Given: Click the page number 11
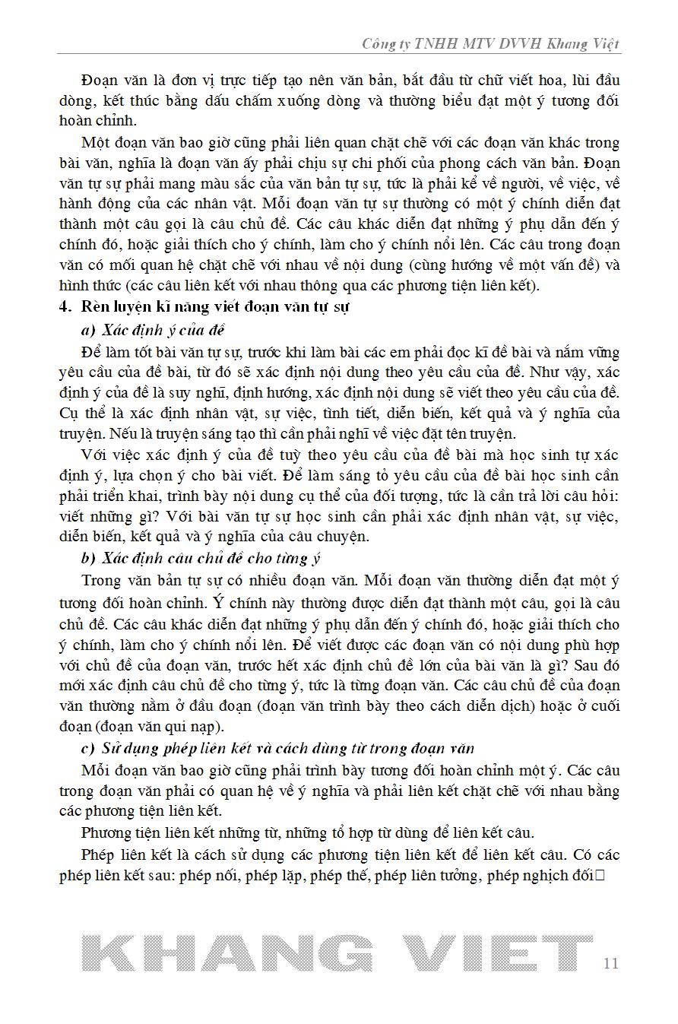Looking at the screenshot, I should pos(610,963).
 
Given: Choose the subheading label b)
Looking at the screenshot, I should pos(87,558).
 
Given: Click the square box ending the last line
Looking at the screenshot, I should pos(598,875).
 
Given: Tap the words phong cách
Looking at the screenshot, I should pos(469,163).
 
